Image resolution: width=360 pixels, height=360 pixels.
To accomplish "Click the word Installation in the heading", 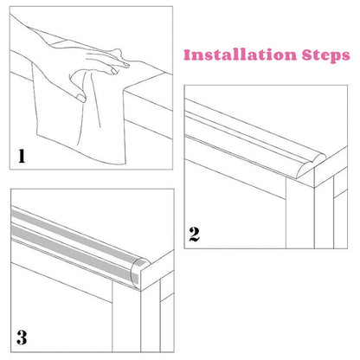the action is click(240, 55).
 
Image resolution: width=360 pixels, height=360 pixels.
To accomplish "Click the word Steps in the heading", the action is click(326, 55).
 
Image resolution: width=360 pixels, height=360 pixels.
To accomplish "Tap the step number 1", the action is click(22, 156).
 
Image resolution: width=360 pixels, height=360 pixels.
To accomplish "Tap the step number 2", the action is click(195, 235).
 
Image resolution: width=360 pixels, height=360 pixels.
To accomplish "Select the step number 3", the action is click(22, 337).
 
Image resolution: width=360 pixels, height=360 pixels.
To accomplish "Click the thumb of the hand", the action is click(80, 97).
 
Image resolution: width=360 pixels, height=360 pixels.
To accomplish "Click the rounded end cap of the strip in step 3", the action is click(139, 273).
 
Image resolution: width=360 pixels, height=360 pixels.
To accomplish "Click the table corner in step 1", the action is click(124, 92).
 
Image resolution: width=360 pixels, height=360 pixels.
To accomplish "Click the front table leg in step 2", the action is click(300, 213).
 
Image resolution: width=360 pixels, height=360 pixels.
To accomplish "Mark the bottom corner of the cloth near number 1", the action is click(125, 164).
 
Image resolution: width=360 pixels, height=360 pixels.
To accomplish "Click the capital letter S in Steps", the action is click(307, 55).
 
